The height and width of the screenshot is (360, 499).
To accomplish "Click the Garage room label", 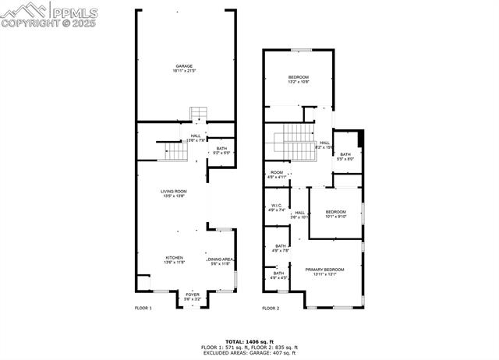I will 184,68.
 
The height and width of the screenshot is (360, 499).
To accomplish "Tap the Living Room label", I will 174,193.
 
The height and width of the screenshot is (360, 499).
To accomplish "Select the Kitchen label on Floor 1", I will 174,259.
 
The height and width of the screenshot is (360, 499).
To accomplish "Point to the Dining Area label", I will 220,261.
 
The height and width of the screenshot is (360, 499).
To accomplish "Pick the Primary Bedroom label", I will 324,271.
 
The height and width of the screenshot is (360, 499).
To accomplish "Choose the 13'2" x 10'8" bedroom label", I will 299,79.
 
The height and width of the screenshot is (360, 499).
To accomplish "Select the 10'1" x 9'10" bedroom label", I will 335,214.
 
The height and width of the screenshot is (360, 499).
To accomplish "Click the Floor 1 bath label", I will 221,150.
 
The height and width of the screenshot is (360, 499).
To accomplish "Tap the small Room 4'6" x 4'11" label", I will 277,175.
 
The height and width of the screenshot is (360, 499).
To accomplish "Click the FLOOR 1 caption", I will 143,309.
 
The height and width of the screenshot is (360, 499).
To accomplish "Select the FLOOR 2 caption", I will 271,309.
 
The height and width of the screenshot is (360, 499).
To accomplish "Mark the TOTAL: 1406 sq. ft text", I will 249,341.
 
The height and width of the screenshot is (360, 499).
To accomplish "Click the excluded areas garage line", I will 249,353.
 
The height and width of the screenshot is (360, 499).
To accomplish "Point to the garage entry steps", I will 200,115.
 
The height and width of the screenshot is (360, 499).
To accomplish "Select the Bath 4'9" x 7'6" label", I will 281,250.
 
